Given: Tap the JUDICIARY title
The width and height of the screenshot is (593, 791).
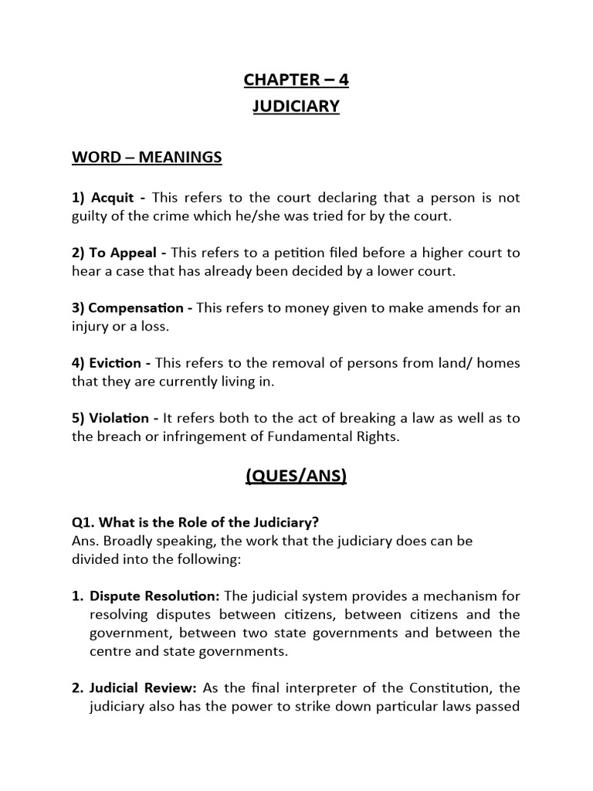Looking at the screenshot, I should [296, 106].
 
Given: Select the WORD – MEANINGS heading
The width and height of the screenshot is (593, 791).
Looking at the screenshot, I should [147, 158].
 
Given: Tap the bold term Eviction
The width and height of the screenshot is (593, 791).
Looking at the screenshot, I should [116, 363].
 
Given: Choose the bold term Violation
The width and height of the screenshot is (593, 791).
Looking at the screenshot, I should [120, 418].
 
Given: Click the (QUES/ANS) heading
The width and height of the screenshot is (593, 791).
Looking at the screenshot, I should [296, 477].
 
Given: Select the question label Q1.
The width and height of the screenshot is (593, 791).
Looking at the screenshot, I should [83, 522].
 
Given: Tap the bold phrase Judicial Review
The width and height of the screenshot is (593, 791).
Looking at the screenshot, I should [144, 687].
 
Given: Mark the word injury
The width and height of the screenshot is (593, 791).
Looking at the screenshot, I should [90, 326].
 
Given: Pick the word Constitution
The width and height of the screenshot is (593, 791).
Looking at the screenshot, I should [453, 687].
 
